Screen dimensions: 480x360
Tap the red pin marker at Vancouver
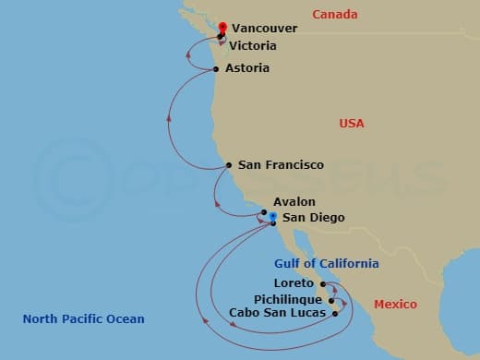click(x=221, y=28)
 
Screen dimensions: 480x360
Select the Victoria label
click(x=254, y=45)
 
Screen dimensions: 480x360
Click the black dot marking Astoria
click(x=216, y=69)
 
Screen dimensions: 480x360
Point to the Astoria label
click(x=246, y=68)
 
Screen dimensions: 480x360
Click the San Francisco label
click(x=281, y=165)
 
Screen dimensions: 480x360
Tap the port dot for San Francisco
click(x=229, y=166)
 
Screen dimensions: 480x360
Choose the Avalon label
click(x=294, y=201)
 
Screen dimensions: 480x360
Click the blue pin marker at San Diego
click(x=272, y=217)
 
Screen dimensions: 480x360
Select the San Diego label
click(x=313, y=218)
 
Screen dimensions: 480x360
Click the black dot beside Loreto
click(x=322, y=284)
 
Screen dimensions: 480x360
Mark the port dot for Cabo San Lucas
click(x=335, y=313)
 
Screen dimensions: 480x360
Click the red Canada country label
click(x=334, y=14)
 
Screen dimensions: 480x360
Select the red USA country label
click(x=352, y=124)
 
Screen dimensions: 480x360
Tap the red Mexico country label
click(x=395, y=305)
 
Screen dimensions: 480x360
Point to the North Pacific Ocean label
click(x=84, y=319)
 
